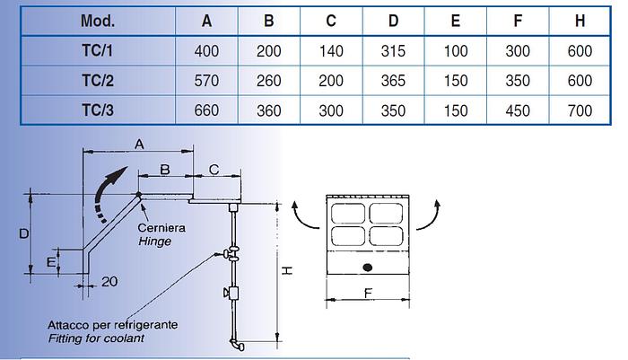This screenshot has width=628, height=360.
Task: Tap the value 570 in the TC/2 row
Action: tap(206, 81)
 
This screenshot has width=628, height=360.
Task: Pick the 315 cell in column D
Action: tap(393, 50)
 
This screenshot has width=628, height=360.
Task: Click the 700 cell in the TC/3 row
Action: tap(580, 111)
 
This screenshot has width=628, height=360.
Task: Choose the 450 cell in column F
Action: tap(518, 111)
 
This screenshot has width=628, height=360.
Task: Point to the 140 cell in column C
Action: tap(331, 50)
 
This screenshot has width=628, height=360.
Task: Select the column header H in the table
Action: tap(580, 20)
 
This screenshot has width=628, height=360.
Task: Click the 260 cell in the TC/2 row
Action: tap(269, 81)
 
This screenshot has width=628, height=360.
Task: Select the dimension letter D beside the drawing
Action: tap(24, 233)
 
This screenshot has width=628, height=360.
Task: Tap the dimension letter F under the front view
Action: tap(368, 292)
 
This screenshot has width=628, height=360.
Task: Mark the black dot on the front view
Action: tap(366, 268)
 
